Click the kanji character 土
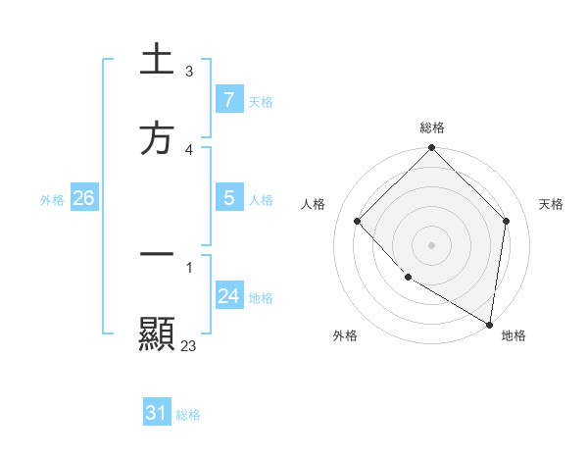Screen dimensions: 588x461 coord(157,60)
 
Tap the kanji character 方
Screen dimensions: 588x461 coord(157,139)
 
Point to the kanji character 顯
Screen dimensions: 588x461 coord(157,334)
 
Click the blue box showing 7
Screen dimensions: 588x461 coord(228,100)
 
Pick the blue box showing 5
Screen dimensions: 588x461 coord(228,198)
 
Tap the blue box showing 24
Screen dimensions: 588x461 coord(228,296)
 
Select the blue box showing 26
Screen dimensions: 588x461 coord(83,198)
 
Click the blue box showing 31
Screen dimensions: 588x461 coord(157,413)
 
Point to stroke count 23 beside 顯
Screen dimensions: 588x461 coord(189,345)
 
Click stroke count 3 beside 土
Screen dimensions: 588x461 coord(189,71)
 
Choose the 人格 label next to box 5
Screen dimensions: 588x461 coord(261,200)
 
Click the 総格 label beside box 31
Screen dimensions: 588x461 coord(189,415)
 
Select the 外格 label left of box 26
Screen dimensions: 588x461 coord(52,200)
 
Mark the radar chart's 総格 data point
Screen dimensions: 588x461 coord(431,149)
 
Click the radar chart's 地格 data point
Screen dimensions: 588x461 coord(490,324)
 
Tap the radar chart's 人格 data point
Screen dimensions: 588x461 coord(358,221)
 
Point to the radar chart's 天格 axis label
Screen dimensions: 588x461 coord(551,204)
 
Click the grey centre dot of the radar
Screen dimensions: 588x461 coord(431,244)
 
